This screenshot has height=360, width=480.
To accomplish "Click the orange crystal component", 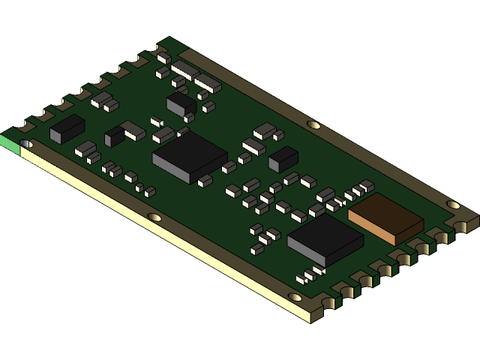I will pos(385,217).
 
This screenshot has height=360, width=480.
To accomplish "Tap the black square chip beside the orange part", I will pos(325,239).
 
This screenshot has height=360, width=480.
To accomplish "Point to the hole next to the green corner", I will pos(26,142).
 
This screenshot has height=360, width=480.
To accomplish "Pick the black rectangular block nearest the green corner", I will pos(67,128).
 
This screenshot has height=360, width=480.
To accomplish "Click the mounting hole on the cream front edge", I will pos(154,217).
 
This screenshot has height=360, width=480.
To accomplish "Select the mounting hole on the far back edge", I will pos(313,124).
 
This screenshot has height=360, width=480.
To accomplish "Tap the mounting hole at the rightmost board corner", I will pos(453,204).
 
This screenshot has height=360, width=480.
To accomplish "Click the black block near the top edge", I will pos(181,103).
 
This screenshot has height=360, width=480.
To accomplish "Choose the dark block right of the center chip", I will pos(283,158).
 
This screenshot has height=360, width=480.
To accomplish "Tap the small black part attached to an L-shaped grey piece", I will pos(114,136).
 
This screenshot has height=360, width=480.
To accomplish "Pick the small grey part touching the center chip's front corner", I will pos(205,180).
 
